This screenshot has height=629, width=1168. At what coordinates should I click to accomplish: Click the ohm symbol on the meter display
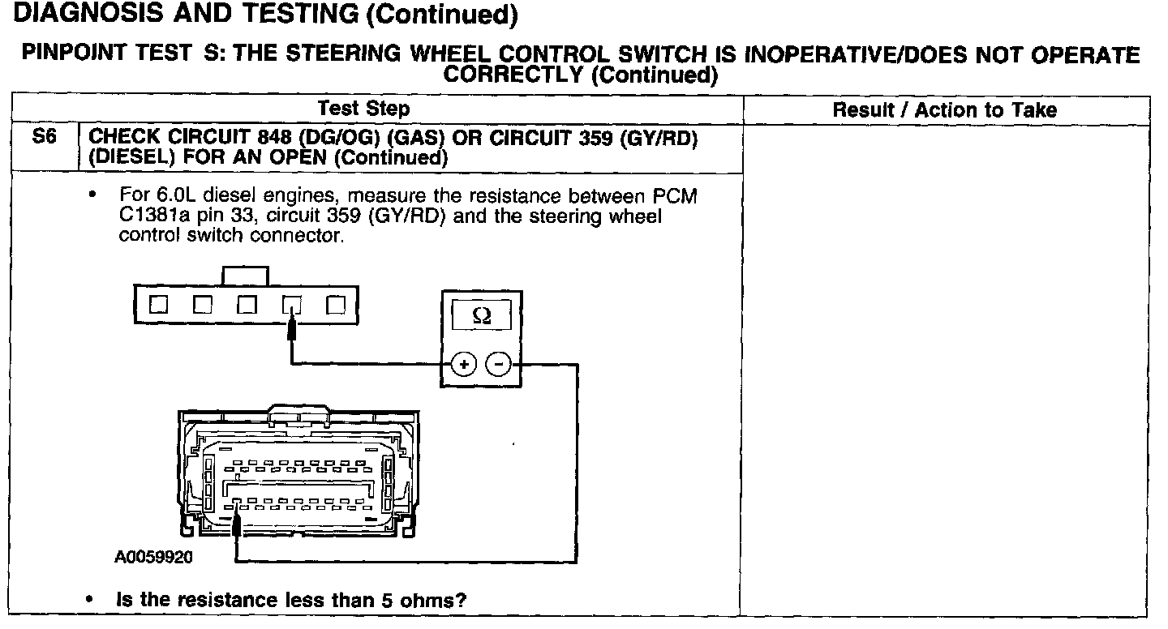coord(480,317)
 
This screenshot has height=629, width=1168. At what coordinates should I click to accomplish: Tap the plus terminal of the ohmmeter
coord(463,365)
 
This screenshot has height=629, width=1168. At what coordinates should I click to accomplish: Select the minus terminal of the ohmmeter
coord(498,365)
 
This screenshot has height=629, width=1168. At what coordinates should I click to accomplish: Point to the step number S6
coord(44,139)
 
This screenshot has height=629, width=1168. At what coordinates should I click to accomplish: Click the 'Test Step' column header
coord(364,109)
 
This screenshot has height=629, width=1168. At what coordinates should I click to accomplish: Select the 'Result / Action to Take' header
coord(945,110)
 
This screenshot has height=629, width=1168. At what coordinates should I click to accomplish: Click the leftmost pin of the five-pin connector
coord(159,306)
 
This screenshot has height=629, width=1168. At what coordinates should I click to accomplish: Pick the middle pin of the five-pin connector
coord(247,306)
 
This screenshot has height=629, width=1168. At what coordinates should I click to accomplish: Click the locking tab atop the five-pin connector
coord(245,276)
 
